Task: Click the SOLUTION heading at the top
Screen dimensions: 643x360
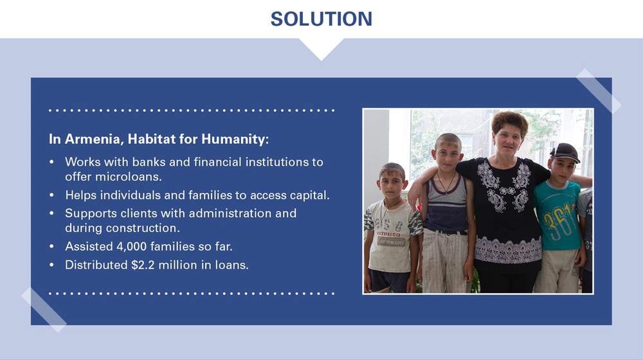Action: point(321,19)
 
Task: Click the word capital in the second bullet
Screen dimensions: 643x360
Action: point(309,195)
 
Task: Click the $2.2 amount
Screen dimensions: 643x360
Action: point(143,265)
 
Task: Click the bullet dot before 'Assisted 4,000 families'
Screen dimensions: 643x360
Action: point(51,246)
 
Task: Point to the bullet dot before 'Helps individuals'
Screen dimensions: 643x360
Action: point(51,195)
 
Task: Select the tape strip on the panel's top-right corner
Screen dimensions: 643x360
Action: point(598,91)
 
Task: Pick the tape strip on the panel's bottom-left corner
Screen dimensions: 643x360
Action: point(44,310)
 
